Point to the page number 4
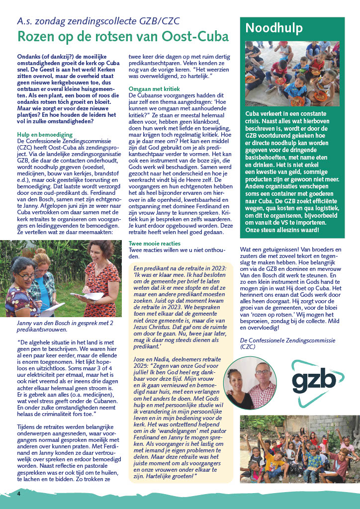[x=18, y=494]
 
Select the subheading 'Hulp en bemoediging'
[x=45, y=134]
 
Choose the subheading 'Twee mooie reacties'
[x=156, y=244]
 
